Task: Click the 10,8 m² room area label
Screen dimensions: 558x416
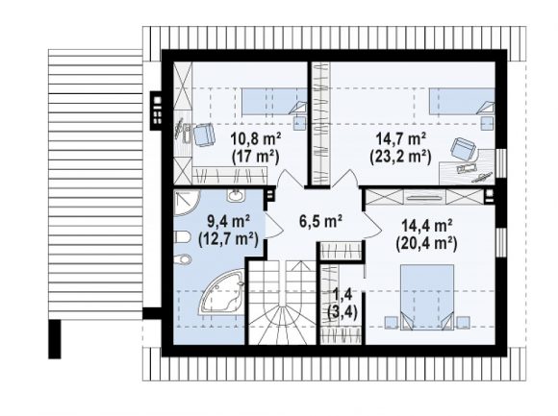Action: point(256,139)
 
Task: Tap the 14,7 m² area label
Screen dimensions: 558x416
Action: point(401,139)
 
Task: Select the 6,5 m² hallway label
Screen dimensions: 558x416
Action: point(320,221)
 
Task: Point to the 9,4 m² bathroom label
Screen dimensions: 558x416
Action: point(228,222)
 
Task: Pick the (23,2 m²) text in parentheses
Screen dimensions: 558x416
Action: point(401,157)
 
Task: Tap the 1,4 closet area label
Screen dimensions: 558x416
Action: point(342,294)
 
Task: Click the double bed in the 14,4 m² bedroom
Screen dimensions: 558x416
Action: point(427,297)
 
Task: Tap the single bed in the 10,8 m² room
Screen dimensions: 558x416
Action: point(274,102)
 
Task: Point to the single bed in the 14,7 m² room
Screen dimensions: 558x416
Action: point(462,102)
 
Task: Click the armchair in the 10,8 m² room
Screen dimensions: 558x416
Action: point(204,135)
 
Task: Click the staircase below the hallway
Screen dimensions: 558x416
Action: point(282,303)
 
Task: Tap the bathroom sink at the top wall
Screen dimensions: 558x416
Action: point(235,196)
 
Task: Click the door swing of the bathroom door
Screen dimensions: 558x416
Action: point(274,226)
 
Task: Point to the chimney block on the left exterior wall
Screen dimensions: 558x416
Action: point(157,110)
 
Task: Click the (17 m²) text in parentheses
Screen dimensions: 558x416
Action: point(255,157)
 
